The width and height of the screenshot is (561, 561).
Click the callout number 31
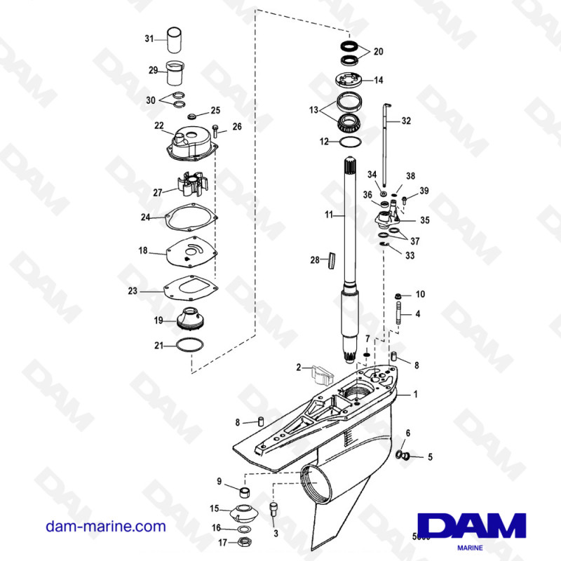[x=148, y=39]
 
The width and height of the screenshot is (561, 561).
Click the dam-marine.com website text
[x=105, y=526]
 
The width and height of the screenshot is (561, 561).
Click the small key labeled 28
[x=324, y=260]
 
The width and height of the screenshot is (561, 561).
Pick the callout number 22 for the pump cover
[x=159, y=126]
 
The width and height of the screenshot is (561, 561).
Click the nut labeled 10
[x=398, y=294]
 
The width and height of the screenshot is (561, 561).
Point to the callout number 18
[x=143, y=250]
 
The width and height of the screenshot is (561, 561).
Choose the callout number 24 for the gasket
[x=145, y=217]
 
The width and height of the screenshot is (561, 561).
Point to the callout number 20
[x=379, y=51]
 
